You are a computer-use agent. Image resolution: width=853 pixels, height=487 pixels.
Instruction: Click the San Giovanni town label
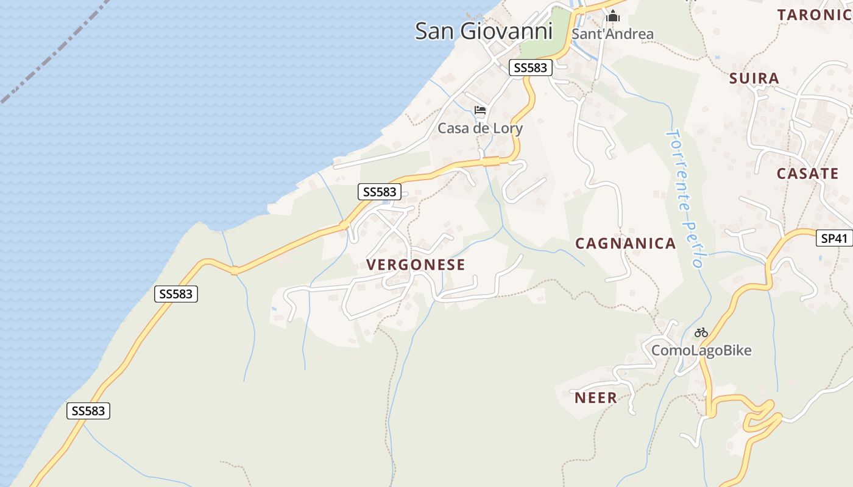click(483, 31)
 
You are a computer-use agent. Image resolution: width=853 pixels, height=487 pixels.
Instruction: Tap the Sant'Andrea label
click(612, 34)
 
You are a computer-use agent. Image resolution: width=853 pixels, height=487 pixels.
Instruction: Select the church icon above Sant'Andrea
click(613, 16)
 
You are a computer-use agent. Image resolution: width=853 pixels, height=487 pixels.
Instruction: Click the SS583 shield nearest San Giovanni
click(530, 68)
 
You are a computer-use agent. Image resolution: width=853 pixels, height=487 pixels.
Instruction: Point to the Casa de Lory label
click(480, 128)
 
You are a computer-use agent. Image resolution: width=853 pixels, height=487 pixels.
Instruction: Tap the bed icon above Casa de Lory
click(480, 110)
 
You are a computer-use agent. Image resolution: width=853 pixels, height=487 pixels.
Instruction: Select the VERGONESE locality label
click(416, 265)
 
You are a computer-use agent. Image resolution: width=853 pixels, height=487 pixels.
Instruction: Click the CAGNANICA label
click(626, 243)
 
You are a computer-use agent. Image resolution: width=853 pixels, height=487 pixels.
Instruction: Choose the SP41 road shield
click(834, 239)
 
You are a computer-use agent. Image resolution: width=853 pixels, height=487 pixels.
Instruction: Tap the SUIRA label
click(754, 79)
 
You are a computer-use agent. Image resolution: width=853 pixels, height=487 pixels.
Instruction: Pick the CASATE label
click(807, 173)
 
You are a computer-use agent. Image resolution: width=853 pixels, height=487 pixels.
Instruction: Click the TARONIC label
click(814, 15)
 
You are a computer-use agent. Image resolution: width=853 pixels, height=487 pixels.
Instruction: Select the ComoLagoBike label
click(701, 351)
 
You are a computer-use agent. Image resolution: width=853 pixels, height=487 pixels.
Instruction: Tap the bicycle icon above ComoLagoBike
click(701, 332)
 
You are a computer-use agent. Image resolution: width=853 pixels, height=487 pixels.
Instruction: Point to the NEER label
click(595, 398)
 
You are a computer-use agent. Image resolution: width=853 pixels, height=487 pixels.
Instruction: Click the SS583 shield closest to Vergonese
click(379, 192)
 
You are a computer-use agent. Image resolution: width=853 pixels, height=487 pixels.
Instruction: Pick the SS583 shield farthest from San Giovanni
click(88, 411)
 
